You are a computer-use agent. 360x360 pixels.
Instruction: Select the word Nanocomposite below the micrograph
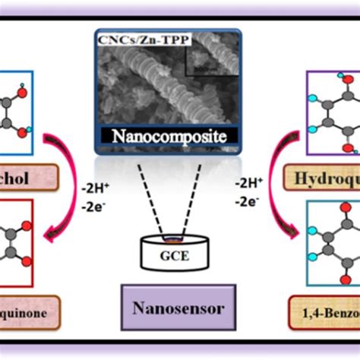[x=169, y=137]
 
